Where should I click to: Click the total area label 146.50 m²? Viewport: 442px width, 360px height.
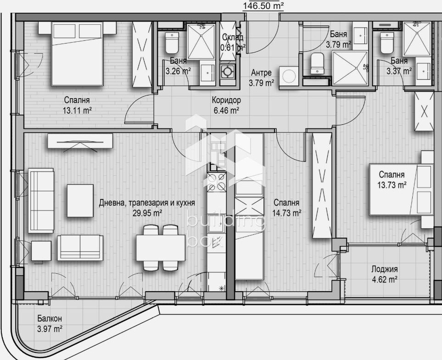[263, 6]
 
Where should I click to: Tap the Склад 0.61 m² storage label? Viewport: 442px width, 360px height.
[232, 42]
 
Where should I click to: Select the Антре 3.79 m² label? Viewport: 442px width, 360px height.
[261, 78]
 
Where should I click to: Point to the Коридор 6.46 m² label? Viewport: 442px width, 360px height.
[226, 105]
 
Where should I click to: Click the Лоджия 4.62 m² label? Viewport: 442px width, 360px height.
[385, 274]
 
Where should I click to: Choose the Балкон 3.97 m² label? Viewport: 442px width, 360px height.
[50, 323]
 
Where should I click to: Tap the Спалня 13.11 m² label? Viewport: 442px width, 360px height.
[77, 105]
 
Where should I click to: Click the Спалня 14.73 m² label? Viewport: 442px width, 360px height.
[286, 208]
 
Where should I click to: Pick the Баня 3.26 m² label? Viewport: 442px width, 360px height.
[178, 66]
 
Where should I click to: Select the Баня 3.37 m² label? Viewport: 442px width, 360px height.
[399, 66]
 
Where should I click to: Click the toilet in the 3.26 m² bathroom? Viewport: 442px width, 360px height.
[172, 43]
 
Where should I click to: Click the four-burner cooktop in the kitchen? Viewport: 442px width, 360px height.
[217, 182]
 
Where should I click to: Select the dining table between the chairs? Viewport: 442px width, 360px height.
[161, 248]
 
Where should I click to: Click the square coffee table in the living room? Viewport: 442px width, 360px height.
[80, 200]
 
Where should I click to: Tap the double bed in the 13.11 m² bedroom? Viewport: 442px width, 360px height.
[77, 54]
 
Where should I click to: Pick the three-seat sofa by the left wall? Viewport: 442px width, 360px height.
[41, 200]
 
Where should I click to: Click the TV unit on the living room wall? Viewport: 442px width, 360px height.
[80, 141]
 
